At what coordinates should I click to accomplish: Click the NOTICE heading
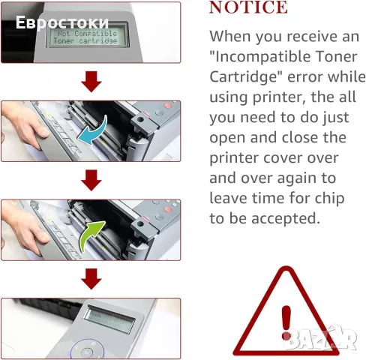(x=247, y=8)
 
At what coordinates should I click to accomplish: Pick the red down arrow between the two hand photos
(x=91, y=179)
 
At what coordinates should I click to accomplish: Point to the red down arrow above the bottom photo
(x=91, y=278)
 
